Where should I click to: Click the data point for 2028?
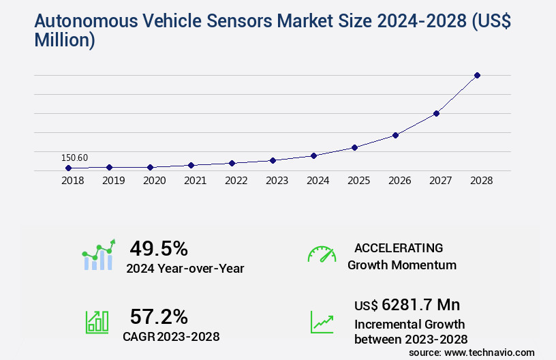pos(477,75)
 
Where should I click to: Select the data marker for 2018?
pos(68,168)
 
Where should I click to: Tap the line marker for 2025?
pos(354,147)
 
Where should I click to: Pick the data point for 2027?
pos(436,113)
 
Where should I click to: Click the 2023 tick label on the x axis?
pos(277,181)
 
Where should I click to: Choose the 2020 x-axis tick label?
pos(154,181)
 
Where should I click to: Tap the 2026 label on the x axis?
pos(399,181)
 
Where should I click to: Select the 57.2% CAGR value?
pos(159,316)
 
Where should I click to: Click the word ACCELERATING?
pos(399,247)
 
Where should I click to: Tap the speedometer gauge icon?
pos(322,254)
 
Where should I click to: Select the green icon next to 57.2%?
pos(97,322)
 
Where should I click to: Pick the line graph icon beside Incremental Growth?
pos(322,322)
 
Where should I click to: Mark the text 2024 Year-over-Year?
pos(185,269)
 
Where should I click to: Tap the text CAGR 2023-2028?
pos(171,336)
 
